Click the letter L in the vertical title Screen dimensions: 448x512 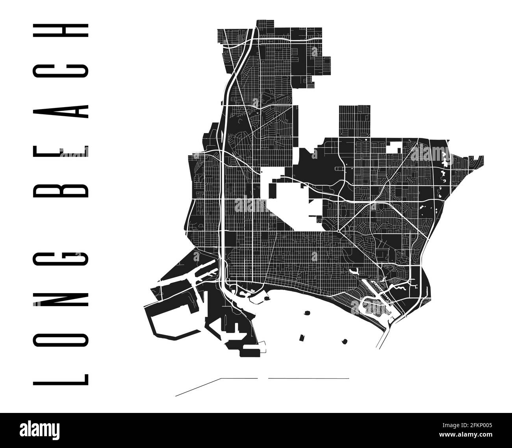coord(61,370)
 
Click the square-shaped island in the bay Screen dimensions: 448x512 coord(302,338)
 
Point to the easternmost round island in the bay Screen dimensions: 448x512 coord(345,340)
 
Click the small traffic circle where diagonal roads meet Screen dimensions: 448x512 coord(339,229)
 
